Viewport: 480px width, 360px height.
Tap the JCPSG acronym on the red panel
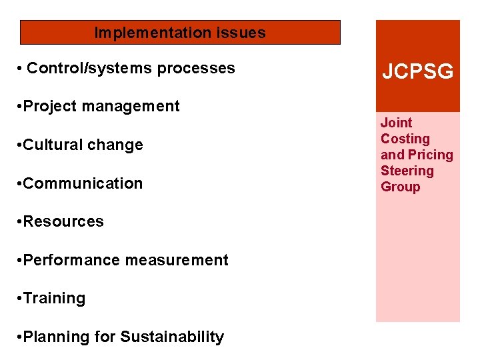coord(417,71)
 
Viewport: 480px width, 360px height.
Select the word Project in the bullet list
coord(49,106)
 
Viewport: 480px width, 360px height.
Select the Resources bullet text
coord(63,221)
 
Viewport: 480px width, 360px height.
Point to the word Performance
coord(67,260)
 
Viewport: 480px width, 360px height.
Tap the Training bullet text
coord(54,298)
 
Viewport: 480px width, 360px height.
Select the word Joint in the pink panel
coord(396,123)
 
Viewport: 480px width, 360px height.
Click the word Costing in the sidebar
coord(405,139)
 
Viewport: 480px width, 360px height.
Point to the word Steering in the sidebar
coord(407,171)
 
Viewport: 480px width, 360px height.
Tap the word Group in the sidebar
coord(400,187)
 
